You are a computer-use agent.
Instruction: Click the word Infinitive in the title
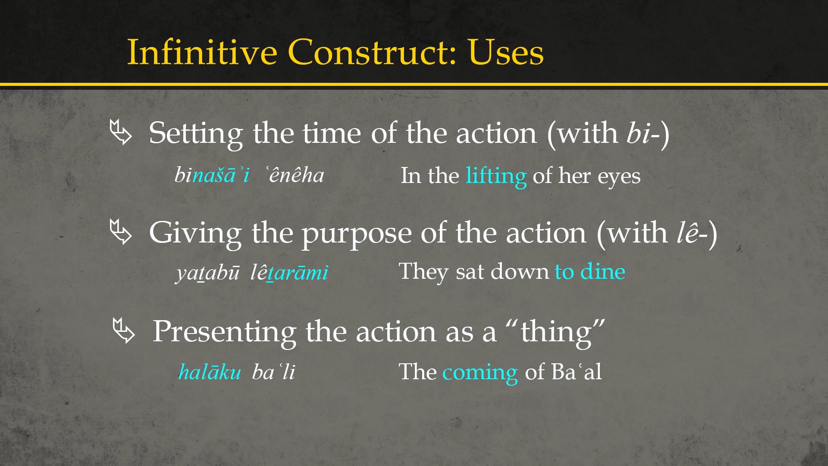pos(202,52)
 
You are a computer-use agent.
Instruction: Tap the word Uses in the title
pos(505,52)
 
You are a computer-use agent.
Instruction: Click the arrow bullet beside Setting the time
pos(121,132)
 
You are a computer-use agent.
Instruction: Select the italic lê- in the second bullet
pos(692,233)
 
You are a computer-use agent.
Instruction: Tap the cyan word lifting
pos(496,176)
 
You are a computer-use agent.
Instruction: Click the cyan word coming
pos(480,372)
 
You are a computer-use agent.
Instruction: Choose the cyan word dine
pos(602,271)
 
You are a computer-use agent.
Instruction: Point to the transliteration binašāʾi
pos(212,175)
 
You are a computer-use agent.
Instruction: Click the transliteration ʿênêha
pos(295,175)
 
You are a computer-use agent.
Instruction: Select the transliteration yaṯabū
pos(207,273)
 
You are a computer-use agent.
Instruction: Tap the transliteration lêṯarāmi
pos(289,273)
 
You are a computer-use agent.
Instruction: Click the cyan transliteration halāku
pos(210,372)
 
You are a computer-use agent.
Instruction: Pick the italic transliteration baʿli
pos(273,372)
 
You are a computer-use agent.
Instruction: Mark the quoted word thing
pos(556,332)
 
